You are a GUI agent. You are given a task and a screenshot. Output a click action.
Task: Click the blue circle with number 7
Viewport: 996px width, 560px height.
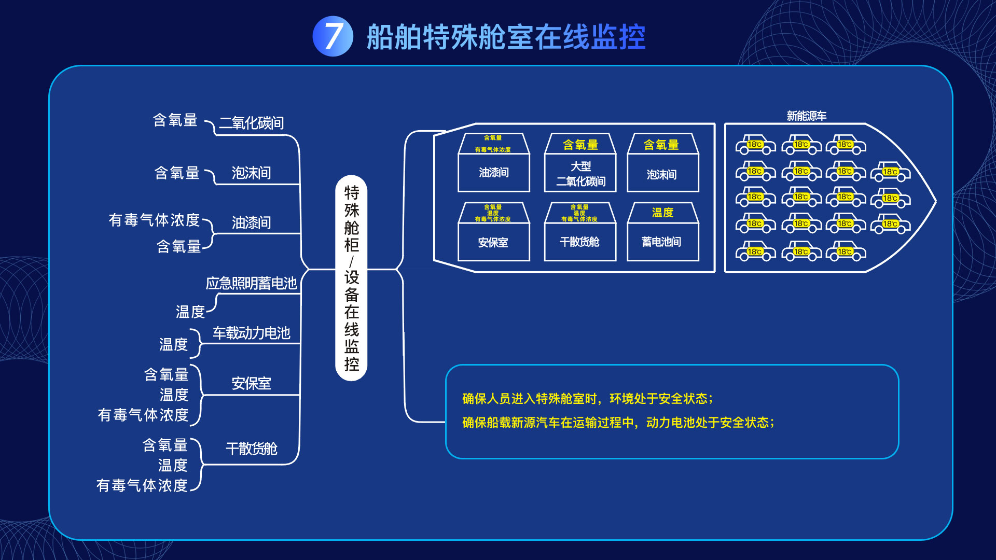coord(333,36)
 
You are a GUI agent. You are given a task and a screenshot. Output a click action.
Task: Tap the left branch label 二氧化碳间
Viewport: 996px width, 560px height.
coord(251,123)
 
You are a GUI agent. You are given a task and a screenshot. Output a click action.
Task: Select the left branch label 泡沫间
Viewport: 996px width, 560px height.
coord(251,173)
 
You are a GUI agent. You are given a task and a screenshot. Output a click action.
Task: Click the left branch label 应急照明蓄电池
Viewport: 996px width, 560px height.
coord(251,283)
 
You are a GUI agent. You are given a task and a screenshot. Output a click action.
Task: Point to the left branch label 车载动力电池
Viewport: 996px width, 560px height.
coord(251,333)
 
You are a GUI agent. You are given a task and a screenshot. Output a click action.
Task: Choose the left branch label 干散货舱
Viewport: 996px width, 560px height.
coord(251,449)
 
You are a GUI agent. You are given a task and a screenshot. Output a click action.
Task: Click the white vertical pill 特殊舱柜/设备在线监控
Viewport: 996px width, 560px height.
coord(351,278)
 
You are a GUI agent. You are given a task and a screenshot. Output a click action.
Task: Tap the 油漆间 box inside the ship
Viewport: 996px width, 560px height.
coord(493,173)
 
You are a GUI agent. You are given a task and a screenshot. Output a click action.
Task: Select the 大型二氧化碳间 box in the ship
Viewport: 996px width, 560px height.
coord(580,174)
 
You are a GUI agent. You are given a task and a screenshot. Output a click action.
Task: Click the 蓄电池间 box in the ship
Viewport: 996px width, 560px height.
coord(662,242)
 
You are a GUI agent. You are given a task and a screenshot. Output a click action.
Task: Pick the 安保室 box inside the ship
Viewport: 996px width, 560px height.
coord(493,242)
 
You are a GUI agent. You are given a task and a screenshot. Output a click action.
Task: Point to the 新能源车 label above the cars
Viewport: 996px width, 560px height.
coord(806,116)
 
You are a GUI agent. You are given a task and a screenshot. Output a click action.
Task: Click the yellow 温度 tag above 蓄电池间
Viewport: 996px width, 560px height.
coord(662,213)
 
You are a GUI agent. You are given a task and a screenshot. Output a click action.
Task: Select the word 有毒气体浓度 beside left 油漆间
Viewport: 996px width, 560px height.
coord(154,220)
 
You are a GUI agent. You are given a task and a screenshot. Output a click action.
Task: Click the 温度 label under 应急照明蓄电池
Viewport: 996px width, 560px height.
coord(190,312)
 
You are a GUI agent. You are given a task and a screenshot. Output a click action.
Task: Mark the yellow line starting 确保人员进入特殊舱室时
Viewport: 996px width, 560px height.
coord(587,398)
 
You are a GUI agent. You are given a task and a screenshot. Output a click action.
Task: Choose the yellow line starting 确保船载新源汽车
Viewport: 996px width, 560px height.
coord(618,423)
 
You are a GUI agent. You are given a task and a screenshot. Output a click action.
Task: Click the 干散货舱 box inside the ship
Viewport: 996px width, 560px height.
coord(579,242)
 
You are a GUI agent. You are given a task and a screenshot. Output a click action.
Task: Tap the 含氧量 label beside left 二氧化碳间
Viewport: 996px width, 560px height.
coord(175,120)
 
